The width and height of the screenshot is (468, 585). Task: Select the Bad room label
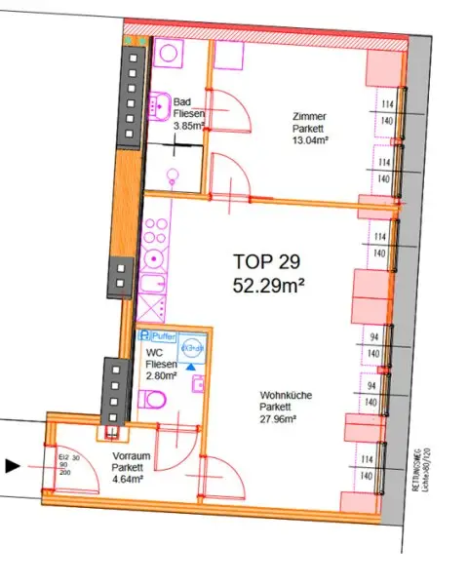click(x=182, y=101)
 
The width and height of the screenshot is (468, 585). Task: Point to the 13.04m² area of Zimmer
click(x=311, y=138)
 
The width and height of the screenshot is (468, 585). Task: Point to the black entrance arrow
click(x=13, y=466)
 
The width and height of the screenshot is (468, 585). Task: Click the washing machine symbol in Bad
click(x=169, y=53)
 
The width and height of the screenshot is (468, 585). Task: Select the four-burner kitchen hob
click(x=152, y=234)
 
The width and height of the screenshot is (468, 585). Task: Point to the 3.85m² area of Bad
click(x=186, y=126)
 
